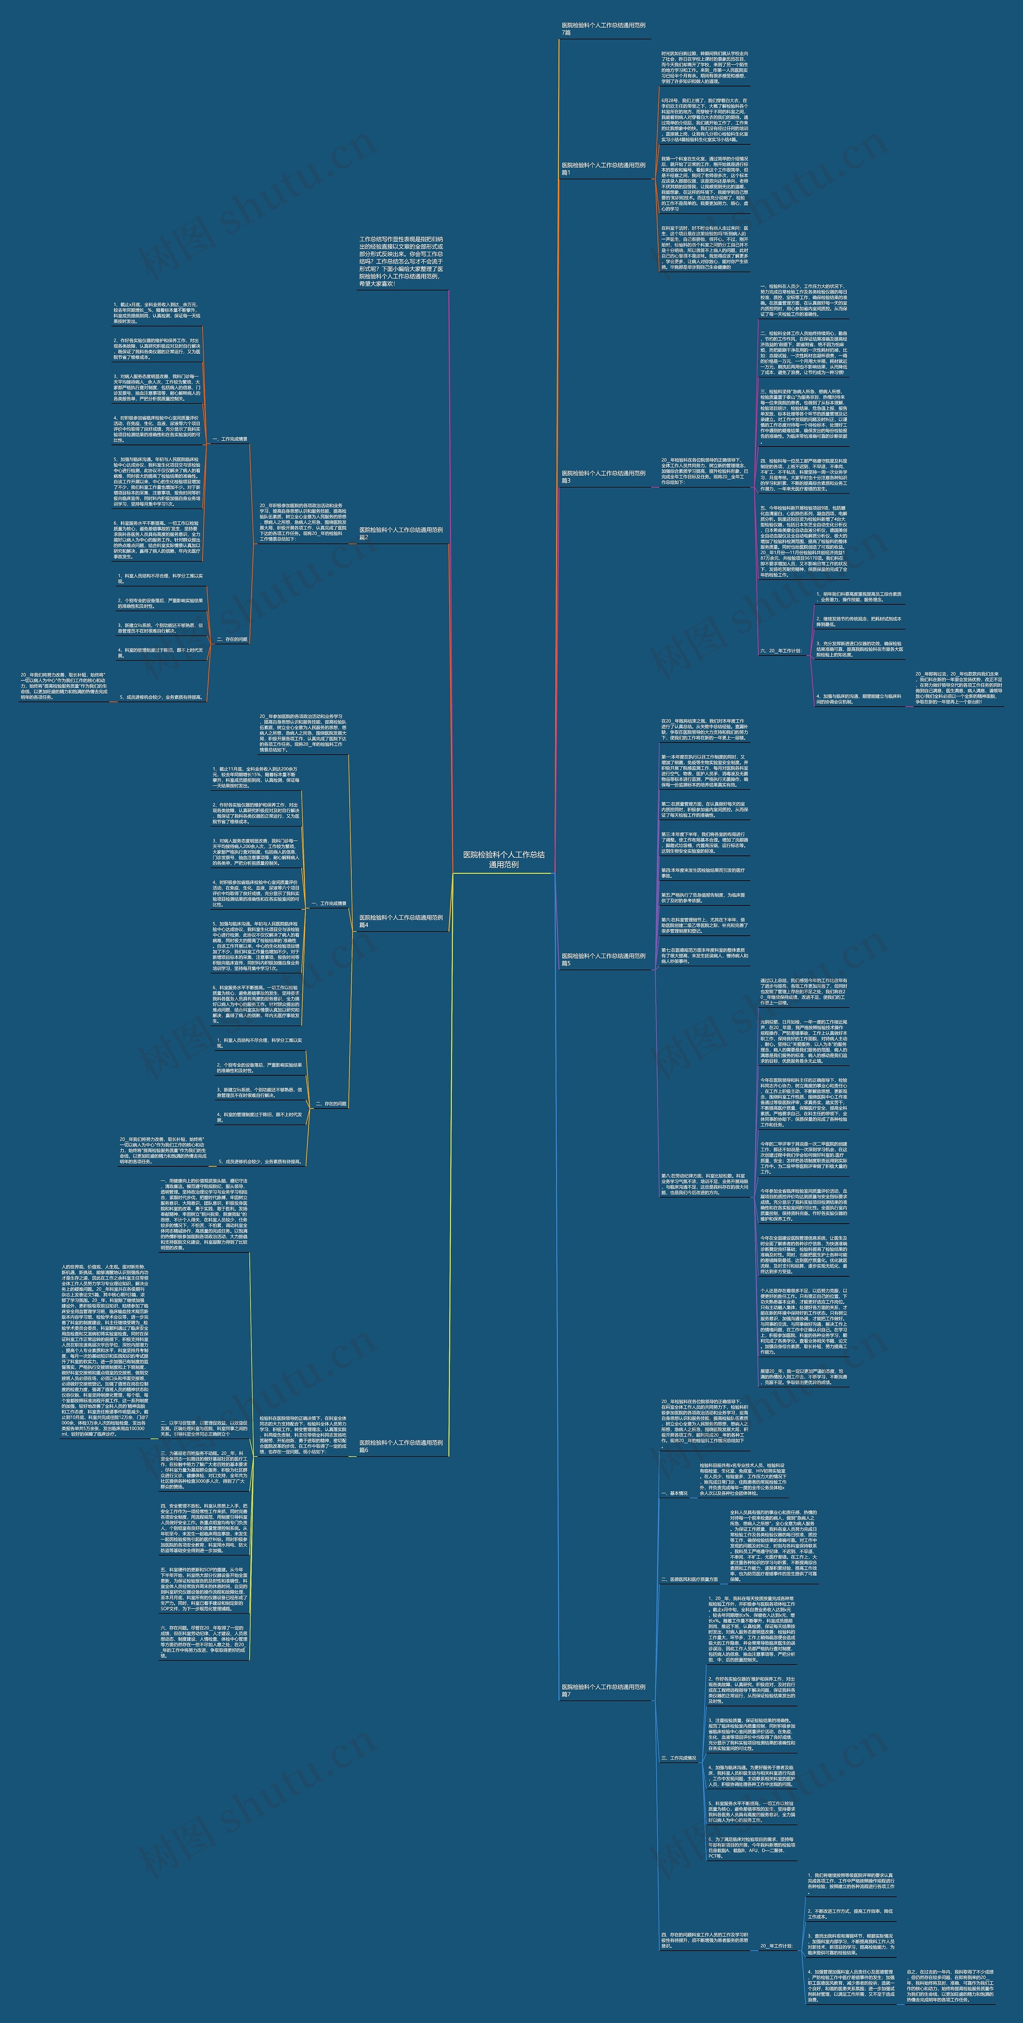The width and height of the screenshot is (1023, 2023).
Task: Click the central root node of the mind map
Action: point(503,858)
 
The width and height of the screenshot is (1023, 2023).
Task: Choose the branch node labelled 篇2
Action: point(401,533)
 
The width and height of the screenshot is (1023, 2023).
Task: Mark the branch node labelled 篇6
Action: point(401,1446)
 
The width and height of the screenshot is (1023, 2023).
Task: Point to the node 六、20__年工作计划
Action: point(781,650)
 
